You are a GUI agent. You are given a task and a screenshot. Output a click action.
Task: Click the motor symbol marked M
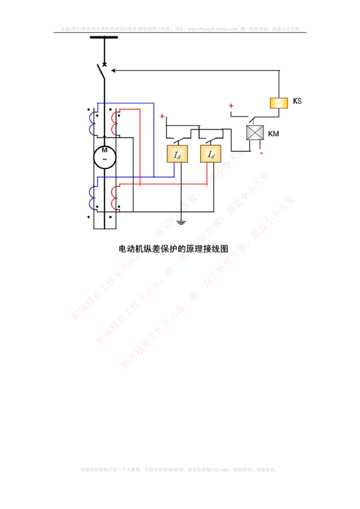(104, 156)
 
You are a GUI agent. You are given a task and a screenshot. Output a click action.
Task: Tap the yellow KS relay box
(279, 103)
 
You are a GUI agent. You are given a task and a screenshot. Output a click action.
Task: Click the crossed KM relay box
(255, 133)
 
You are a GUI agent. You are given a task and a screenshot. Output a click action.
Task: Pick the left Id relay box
(177, 154)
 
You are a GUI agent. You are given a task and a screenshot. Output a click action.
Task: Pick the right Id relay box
(211, 154)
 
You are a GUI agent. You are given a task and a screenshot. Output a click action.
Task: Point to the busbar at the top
(104, 38)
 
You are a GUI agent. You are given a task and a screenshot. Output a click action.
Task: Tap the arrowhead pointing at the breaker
(113, 70)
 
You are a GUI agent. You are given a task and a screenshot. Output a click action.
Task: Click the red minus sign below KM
(261, 153)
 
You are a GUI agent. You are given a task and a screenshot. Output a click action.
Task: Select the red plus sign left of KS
(231, 106)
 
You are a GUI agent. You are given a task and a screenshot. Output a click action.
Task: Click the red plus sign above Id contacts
(162, 116)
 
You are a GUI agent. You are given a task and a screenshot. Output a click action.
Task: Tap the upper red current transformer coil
(114, 123)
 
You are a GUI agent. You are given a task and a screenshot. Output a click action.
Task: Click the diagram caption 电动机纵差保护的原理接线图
(174, 248)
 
